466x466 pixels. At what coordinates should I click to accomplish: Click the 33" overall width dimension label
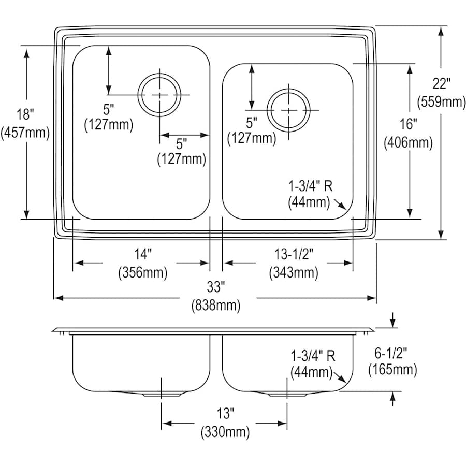coord(217,286)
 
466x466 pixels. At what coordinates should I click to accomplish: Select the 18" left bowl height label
coord(25,114)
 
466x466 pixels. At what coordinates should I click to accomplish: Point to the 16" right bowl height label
coord(408,124)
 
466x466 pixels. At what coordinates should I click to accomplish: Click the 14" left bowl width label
coord(142,254)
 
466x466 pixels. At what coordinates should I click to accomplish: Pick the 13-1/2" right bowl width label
coord(294,254)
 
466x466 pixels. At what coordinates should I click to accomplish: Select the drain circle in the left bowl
coord(160,94)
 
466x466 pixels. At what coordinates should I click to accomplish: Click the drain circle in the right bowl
coord(288,110)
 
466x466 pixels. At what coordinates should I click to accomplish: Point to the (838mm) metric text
coord(217,305)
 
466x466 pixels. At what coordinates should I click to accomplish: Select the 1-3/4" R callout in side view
coord(312,356)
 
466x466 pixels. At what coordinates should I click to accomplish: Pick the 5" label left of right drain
coord(251,123)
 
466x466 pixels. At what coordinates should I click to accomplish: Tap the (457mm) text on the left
coord(25,133)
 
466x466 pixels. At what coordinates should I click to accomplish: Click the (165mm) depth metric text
coord(392,370)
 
